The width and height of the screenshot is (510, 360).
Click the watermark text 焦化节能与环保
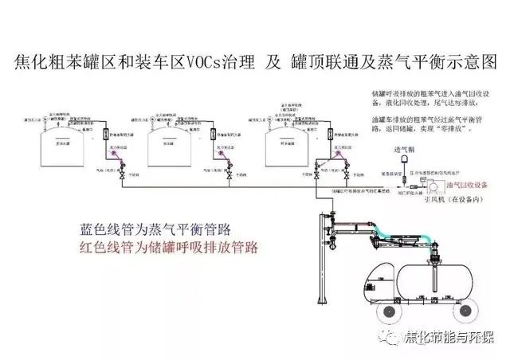click(x=451, y=334)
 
